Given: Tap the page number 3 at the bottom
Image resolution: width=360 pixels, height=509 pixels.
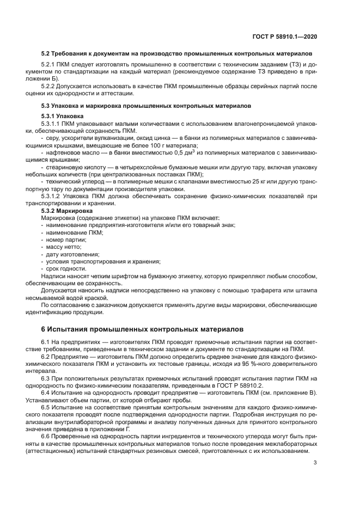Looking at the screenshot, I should click(315, 463).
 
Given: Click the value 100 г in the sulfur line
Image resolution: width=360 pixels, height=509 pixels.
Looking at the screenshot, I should click(154, 145).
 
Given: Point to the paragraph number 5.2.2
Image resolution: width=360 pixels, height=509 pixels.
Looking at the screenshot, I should click(50, 86).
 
